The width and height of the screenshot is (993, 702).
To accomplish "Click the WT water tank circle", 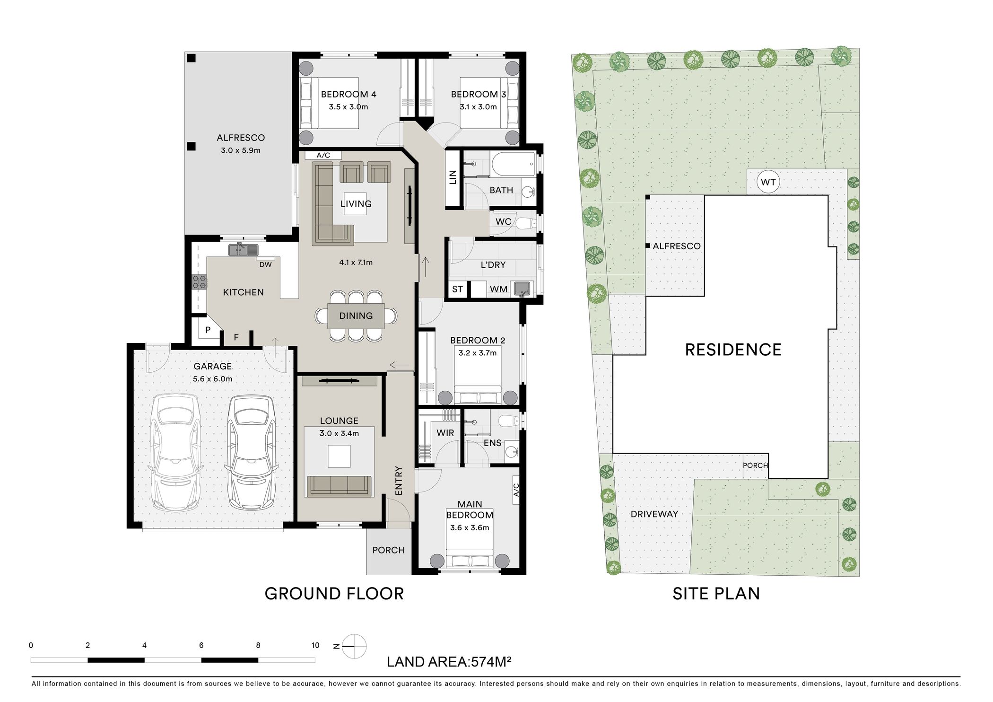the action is point(768,182).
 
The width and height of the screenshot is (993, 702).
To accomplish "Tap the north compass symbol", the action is point(354,646).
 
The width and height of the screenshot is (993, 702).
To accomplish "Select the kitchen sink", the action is point(244,249).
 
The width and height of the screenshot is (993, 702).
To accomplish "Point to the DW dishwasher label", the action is point(266,265).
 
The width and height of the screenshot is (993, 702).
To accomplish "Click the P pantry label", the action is point(208,330).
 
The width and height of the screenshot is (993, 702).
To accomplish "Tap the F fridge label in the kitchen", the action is point(236,337).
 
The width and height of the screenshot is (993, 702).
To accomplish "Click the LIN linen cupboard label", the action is point(453,177).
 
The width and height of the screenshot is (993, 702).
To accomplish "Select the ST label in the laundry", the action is point(457,289).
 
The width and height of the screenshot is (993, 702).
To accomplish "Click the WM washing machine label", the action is point(499,289).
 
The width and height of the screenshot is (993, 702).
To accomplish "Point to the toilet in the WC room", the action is point(525,223).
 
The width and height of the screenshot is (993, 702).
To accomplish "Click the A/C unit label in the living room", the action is point(323,155).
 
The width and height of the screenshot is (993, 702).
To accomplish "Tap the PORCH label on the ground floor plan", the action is point(389,550).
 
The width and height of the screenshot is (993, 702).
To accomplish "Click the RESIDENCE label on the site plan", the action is point(733,350).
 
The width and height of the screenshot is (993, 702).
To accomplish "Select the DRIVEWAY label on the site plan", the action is point(654,514).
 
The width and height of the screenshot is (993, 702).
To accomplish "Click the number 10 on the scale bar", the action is point(315,645).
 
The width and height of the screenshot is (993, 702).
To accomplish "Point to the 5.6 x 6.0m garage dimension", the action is point(212,379).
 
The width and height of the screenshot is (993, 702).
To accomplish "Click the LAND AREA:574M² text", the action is point(449,662).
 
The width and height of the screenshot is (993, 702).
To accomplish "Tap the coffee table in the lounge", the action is point(339,456).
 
